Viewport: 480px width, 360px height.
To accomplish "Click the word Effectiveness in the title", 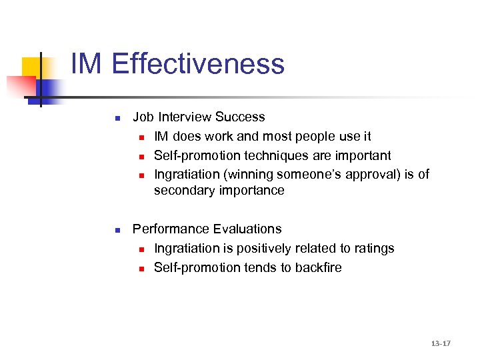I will pos(198,65).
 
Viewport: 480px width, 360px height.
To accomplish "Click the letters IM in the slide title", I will pos(87,65).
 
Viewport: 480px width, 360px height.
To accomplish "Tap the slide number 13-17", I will pos(441,343).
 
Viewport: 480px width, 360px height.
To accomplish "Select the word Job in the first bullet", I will pos(143,117).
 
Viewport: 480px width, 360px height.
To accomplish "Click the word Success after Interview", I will pos(241,117).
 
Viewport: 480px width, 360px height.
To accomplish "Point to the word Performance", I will pos(169,229).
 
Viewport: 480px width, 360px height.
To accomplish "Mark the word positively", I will pos(254,249).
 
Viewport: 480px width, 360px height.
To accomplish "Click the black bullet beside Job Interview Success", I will pos(116,119).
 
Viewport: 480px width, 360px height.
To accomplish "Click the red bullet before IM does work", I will pos(142,137).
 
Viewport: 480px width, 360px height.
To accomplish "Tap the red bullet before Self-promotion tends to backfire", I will pos(142,269).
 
